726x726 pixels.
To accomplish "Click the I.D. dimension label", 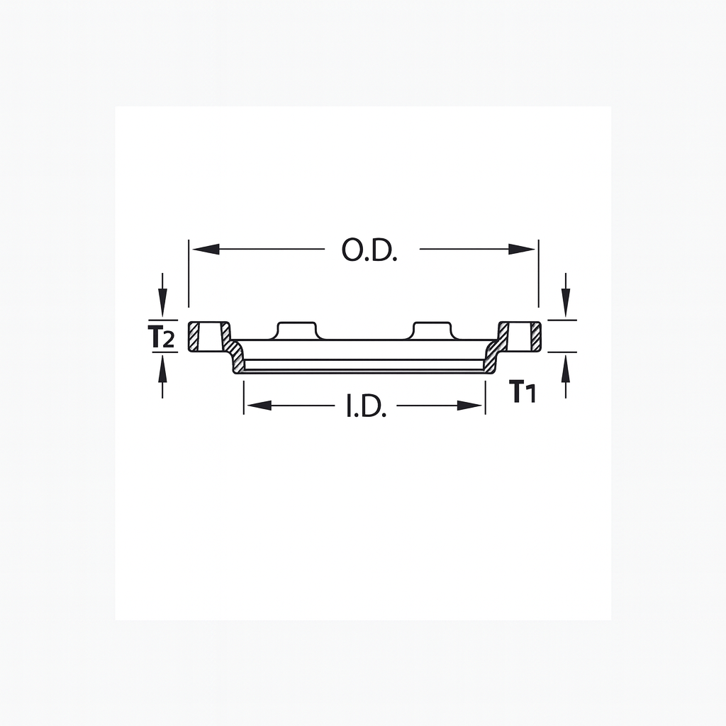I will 366,406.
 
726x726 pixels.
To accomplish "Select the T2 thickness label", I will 162,337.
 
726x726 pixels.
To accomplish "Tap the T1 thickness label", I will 523,391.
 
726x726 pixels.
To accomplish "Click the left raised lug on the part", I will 298,330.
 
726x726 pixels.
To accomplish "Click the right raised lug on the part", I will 432,330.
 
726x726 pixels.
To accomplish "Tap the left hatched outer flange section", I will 194,336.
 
